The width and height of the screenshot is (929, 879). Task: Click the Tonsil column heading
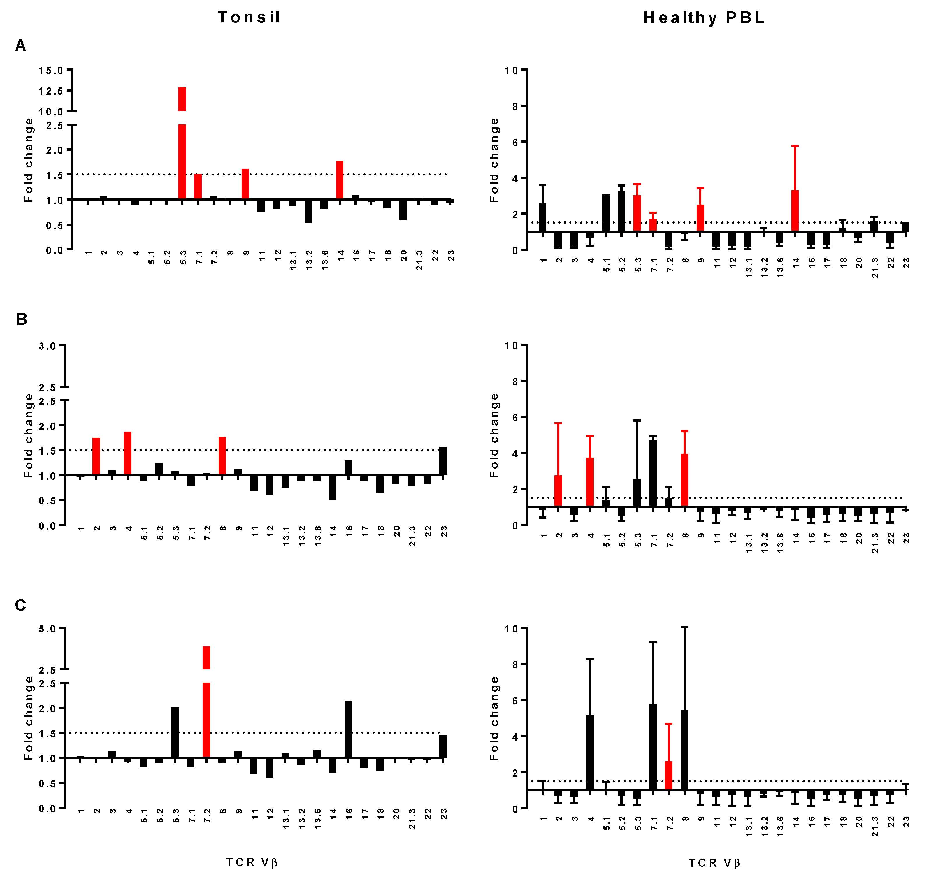[249, 17]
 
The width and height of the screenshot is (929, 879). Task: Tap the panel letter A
[21, 45]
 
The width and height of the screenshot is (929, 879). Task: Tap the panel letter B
[22, 319]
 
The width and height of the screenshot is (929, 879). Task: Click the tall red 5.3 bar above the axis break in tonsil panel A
[182, 99]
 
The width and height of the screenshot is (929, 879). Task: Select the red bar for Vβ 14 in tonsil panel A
[340, 180]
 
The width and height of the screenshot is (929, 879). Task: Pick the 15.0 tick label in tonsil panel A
[51, 71]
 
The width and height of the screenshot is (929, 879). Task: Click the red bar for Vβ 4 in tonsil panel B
[127, 453]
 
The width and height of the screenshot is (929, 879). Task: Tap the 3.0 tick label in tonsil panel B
[47, 346]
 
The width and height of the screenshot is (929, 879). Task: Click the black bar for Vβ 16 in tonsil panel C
[348, 729]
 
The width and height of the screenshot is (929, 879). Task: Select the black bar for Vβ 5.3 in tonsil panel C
[175, 732]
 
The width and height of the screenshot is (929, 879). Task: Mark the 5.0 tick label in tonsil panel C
[47, 629]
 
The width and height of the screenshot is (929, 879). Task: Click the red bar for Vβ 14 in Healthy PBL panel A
[795, 211]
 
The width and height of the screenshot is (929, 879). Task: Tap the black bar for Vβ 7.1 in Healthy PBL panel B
[653, 473]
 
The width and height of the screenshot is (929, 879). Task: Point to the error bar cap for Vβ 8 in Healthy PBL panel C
[684, 627]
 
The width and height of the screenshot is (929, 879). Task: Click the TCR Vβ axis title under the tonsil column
[252, 862]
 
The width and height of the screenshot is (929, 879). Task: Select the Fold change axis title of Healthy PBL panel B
[494, 435]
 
